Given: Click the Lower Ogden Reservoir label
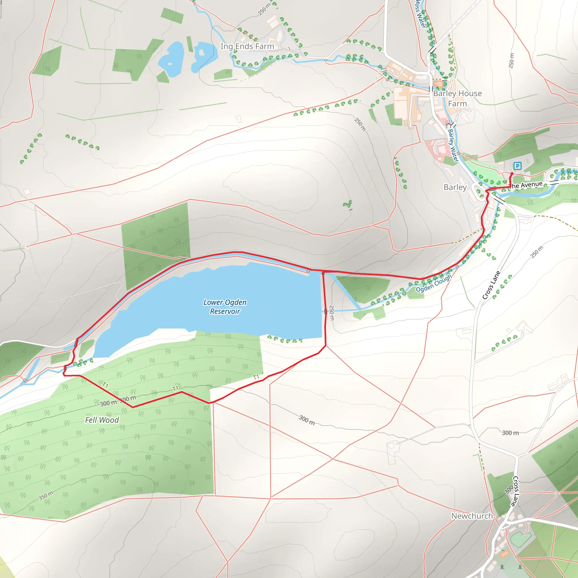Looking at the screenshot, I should [225, 307].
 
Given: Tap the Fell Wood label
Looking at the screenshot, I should [102, 420].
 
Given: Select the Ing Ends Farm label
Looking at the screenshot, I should [247, 46].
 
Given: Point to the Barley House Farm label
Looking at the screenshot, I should [457, 98].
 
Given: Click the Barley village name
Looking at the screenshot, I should [455, 187].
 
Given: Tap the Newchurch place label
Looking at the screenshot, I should [472, 516].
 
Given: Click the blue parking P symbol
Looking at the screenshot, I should [517, 166].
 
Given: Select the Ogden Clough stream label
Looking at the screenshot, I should [434, 283].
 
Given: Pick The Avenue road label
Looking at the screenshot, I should [526, 185].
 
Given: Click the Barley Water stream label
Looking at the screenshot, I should [453, 145].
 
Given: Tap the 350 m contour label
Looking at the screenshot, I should [46, 495].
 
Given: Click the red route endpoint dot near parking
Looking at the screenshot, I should [512, 174].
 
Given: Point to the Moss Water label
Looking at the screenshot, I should [420, 14].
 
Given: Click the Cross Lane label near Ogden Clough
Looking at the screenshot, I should [491, 285].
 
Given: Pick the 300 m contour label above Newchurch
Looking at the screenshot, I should [510, 433].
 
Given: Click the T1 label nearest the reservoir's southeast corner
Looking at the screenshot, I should [256, 377].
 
